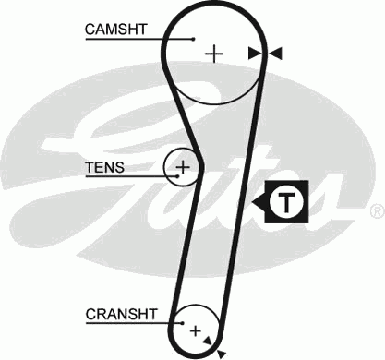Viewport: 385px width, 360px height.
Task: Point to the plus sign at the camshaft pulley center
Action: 214,53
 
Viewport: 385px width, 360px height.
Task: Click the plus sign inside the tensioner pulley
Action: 183,167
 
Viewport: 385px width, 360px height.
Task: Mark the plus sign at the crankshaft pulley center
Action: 195,329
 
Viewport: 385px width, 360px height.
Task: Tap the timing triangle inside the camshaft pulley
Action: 254,54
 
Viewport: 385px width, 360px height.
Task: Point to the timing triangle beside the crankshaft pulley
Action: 221,352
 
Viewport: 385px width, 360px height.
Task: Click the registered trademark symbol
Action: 376,211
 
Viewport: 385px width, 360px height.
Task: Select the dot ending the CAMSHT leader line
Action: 194,39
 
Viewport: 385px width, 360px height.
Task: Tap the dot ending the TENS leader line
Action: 169,168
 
